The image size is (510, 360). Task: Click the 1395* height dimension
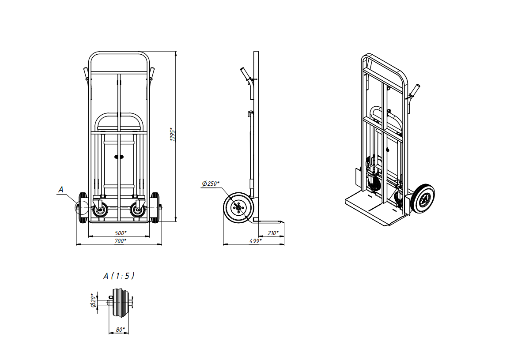point(173,134)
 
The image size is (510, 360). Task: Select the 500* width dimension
point(121,233)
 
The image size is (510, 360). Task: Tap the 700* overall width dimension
point(121,241)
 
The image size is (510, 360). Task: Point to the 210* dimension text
point(273,233)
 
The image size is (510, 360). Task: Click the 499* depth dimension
point(256,241)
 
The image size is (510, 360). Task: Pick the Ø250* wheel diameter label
point(211,184)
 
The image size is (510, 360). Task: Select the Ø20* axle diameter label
point(93,300)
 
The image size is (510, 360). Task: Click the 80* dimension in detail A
point(121,330)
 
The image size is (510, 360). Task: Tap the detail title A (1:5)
point(119,276)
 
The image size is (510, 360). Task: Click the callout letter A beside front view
point(60,190)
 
